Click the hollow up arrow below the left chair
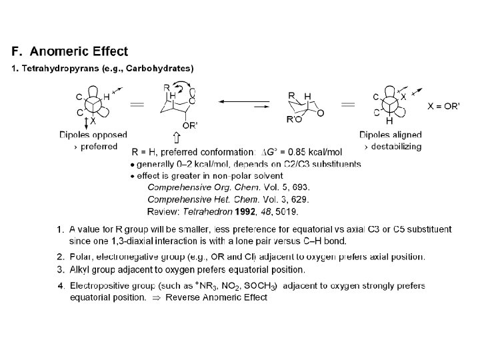coord(176,138)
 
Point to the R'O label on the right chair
coord(293,120)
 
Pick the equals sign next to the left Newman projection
coord(137,104)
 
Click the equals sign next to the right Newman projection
coord(348,105)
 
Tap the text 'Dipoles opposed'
coord(93,135)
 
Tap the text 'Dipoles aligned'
coord(390,135)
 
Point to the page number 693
coord(301,187)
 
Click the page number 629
coord(300,199)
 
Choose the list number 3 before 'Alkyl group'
coord(61,270)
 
